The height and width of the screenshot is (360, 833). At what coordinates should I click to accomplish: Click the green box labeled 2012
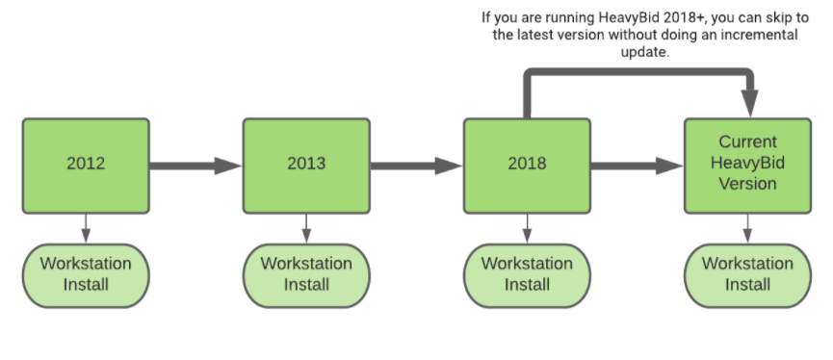(86, 165)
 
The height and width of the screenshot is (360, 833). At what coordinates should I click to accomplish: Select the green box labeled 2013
(306, 165)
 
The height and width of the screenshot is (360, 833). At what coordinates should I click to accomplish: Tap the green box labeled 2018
(527, 165)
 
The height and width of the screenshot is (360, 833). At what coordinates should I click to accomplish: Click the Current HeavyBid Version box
(747, 163)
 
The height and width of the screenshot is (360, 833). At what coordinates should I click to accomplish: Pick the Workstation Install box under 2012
(86, 273)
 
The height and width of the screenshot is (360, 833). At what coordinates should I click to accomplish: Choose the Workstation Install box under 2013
(306, 273)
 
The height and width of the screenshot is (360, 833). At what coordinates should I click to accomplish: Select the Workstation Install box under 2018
(527, 273)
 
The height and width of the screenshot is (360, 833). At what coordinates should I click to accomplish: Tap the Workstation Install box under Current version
(747, 273)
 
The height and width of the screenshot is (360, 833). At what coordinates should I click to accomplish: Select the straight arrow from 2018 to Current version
(637, 165)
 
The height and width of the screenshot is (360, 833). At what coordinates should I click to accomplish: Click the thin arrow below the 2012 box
(86, 227)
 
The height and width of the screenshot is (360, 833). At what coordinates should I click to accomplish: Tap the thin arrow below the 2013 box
(306, 227)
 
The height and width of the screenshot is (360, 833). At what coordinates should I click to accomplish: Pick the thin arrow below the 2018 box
(527, 227)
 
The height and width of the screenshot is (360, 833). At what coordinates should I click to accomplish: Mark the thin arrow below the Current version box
(747, 227)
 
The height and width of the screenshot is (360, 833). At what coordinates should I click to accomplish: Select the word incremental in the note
(759, 36)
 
